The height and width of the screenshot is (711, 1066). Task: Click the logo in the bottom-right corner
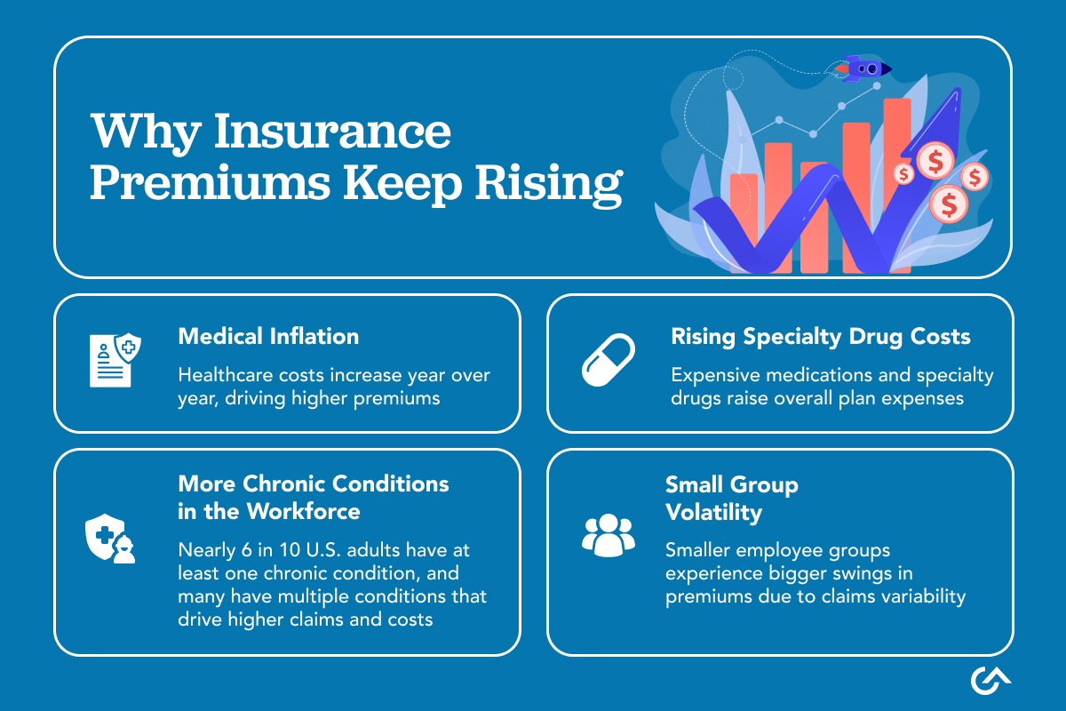tap(990, 679)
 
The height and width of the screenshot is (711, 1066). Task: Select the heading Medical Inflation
tap(268, 336)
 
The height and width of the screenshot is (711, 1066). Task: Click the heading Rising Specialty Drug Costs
tap(820, 336)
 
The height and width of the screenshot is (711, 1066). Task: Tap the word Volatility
tap(713, 512)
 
